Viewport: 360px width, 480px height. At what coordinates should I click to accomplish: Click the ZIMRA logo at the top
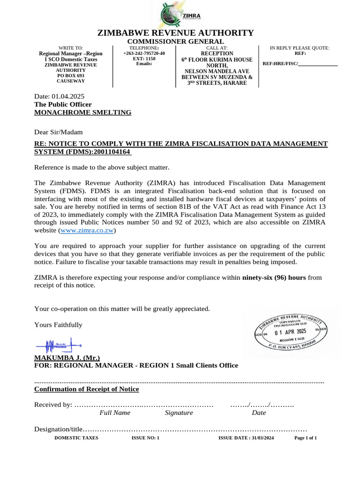pyautogui.click(x=180, y=15)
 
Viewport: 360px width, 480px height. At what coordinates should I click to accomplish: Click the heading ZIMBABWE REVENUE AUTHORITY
pyautogui.click(x=175, y=33)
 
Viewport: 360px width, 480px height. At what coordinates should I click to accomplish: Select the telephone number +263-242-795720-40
pyautogui.click(x=144, y=54)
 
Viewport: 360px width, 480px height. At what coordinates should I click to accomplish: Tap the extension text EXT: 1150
pyautogui.click(x=144, y=59)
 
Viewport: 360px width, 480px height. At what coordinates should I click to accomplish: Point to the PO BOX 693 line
pyautogui.click(x=71, y=75)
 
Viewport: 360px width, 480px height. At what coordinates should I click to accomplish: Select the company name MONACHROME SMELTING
pyautogui.click(x=83, y=112)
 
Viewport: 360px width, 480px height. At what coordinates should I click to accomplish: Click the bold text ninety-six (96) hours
pyautogui.click(x=274, y=277)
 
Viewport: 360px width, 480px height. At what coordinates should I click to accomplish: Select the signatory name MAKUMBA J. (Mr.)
pyautogui.click(x=67, y=357)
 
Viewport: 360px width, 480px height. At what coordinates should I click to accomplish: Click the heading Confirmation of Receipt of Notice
pyautogui.click(x=87, y=389)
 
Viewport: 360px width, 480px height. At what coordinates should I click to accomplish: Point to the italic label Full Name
pyautogui.click(x=115, y=413)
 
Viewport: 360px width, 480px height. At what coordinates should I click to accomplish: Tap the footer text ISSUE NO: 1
pyautogui.click(x=146, y=438)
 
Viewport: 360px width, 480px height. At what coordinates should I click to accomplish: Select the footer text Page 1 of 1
pyautogui.click(x=306, y=438)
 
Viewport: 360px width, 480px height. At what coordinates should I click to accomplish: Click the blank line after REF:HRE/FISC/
pyautogui.click(x=318, y=63)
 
